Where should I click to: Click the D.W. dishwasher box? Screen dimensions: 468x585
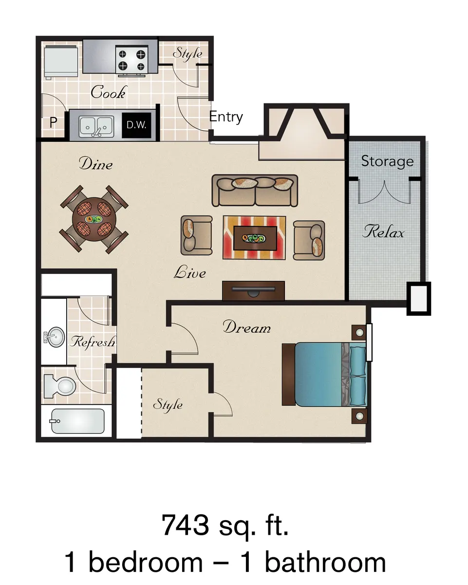pyautogui.click(x=136, y=125)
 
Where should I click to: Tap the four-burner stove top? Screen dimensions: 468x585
pyautogui.click(x=132, y=59)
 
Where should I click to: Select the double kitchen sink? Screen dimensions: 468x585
pyautogui.click(x=96, y=126)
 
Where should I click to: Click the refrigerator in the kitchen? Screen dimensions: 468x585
pyautogui.click(x=61, y=61)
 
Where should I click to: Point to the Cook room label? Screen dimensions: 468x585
pyautogui.click(x=108, y=92)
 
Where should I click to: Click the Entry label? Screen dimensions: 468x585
pyautogui.click(x=226, y=117)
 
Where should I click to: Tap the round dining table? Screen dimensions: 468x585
pyautogui.click(x=94, y=219)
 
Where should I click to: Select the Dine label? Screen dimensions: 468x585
pyautogui.click(x=95, y=164)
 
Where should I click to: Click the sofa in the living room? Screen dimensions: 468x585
pyautogui.click(x=255, y=190)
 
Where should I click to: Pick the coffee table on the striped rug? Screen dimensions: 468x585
pyautogui.click(x=255, y=238)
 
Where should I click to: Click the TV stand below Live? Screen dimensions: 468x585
pyautogui.click(x=253, y=291)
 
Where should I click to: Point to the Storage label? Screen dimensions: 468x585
pyautogui.click(x=387, y=162)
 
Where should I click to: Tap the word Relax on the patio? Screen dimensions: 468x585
pyautogui.click(x=383, y=232)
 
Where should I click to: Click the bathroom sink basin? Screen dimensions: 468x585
pyautogui.click(x=55, y=337)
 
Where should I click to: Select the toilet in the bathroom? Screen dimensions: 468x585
pyautogui.click(x=60, y=385)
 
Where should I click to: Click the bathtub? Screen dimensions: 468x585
pyautogui.click(x=78, y=421)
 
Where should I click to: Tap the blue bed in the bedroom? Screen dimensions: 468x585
pyautogui.click(x=325, y=374)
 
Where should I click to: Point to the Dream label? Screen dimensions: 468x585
pyautogui.click(x=246, y=327)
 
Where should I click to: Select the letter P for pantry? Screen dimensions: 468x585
pyautogui.click(x=53, y=122)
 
